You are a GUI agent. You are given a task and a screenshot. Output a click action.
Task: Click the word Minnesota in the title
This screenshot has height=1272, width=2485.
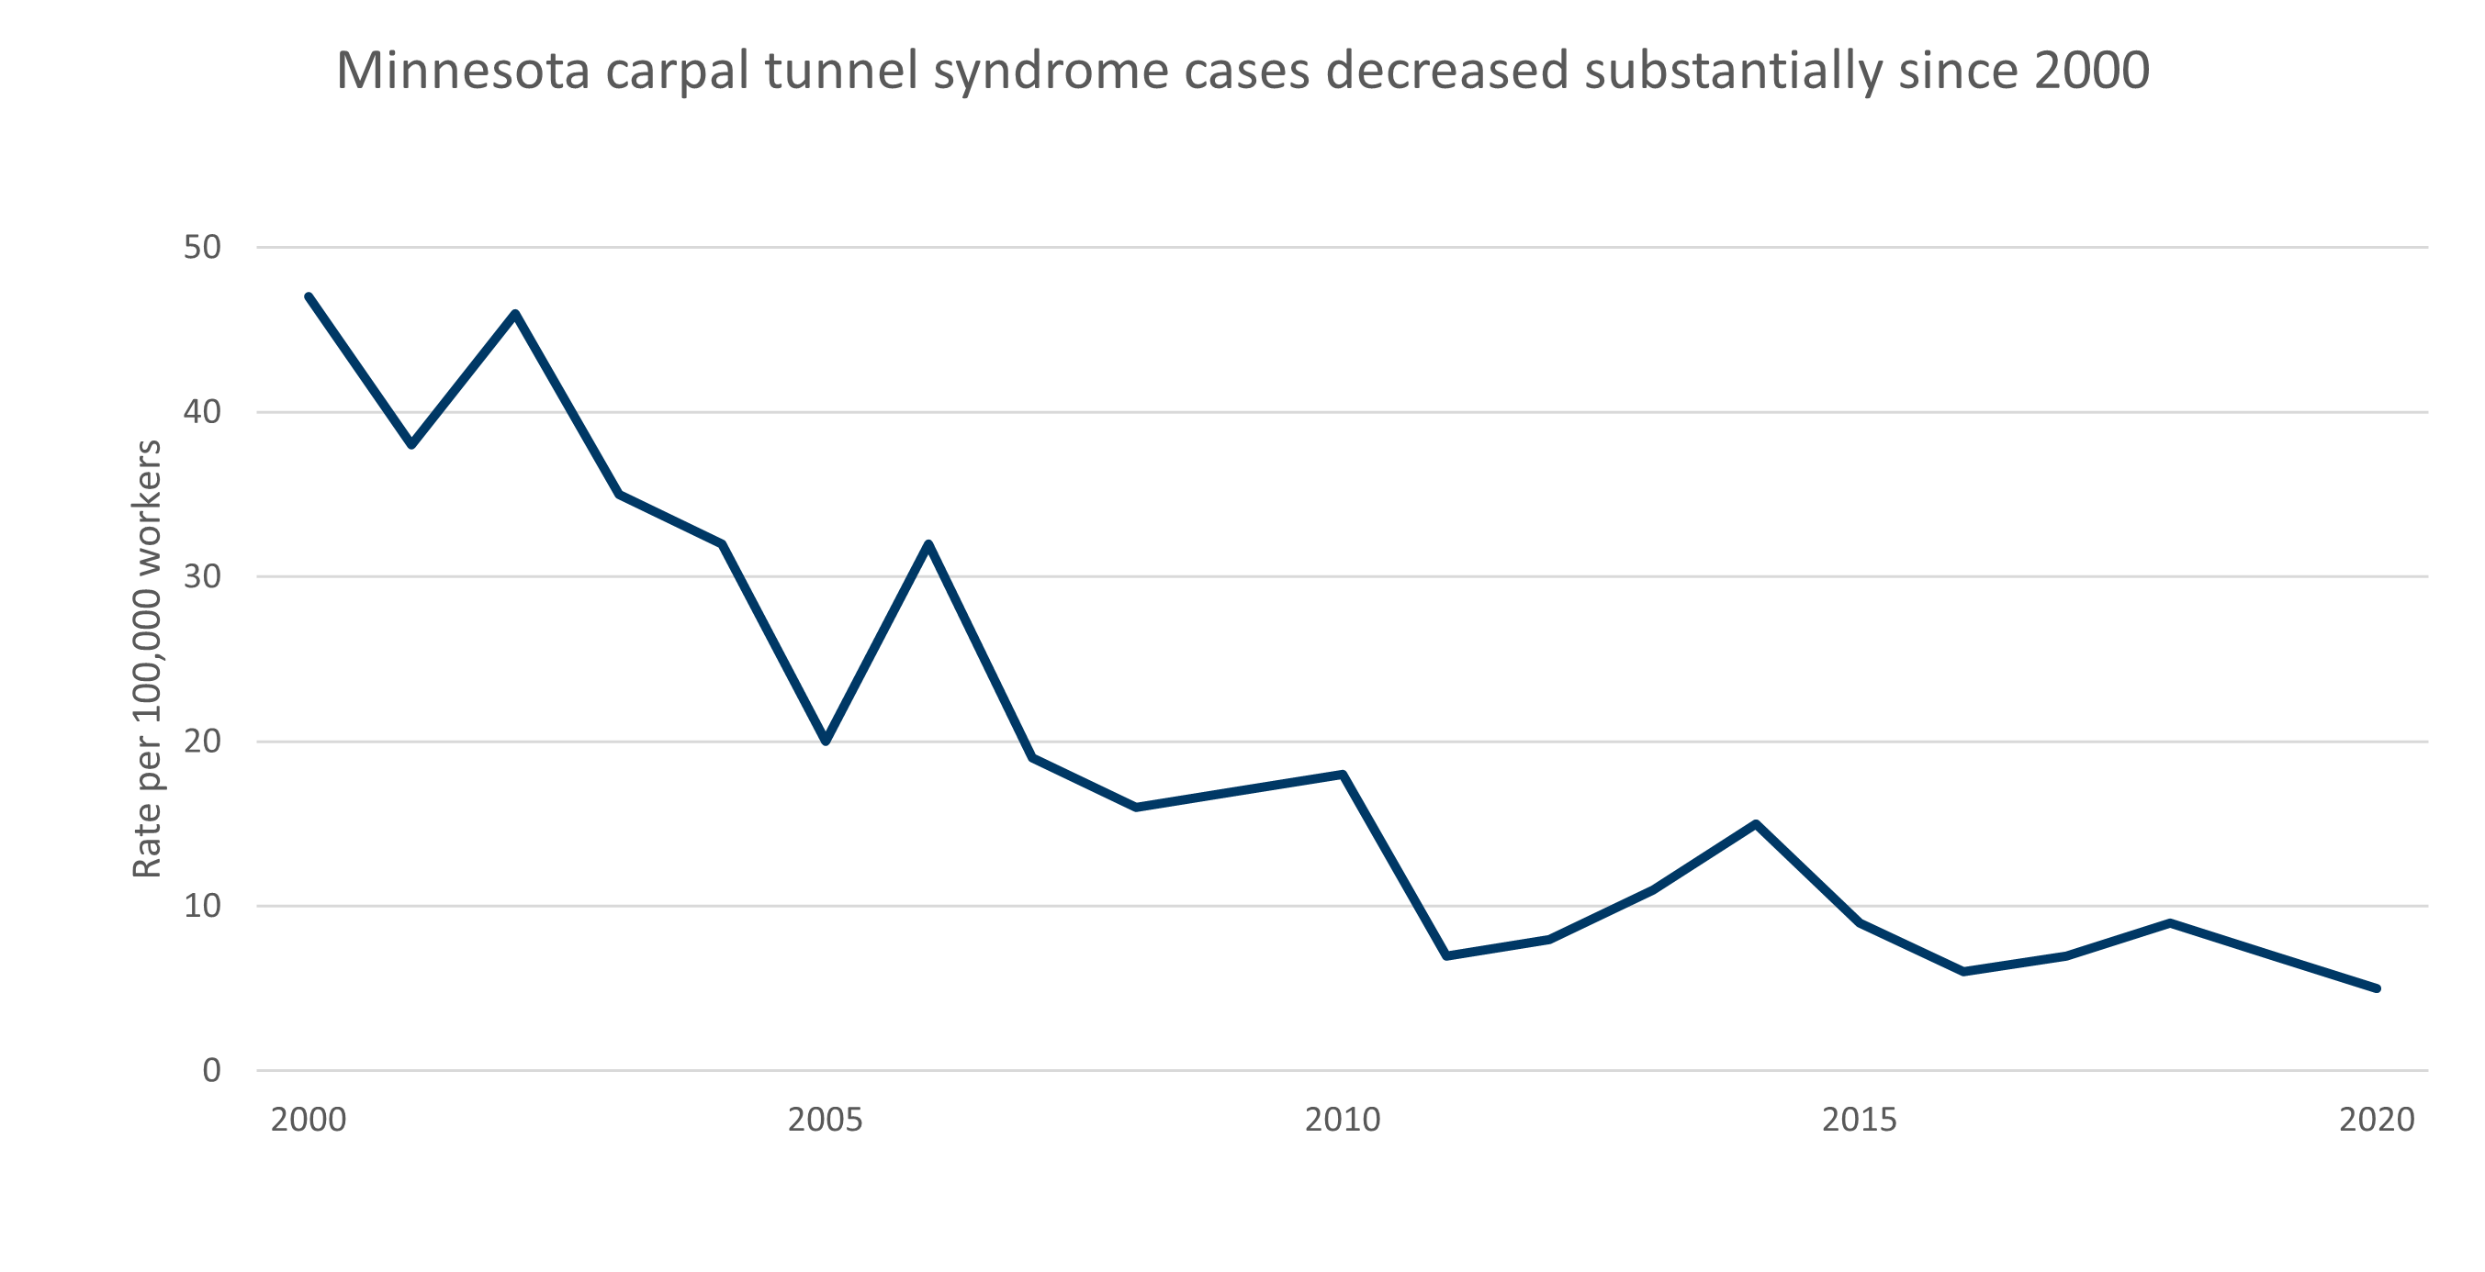462,72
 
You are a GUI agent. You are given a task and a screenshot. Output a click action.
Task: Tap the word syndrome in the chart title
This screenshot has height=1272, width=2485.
1051,72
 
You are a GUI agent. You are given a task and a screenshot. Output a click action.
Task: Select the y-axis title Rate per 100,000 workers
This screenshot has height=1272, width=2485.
147,659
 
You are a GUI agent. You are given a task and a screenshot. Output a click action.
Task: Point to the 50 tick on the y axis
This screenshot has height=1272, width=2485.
202,248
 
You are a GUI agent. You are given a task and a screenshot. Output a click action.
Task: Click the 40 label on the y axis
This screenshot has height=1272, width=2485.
202,413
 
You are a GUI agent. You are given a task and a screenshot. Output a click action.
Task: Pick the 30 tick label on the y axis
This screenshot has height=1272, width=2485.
202,576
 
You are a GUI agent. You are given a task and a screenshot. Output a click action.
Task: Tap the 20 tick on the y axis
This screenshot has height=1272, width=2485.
202,742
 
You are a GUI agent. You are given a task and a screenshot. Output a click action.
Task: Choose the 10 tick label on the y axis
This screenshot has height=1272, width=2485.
202,907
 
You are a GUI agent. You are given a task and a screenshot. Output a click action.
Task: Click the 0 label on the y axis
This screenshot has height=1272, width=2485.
211,1070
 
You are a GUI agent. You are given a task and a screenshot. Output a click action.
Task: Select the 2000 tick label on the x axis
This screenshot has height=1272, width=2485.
308,1120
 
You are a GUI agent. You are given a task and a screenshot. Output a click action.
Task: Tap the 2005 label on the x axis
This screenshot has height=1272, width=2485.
825,1120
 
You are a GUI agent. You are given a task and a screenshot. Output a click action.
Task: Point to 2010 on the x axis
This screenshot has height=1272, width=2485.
1342,1120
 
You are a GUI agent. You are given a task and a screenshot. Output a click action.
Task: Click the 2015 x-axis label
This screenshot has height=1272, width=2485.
1859,1120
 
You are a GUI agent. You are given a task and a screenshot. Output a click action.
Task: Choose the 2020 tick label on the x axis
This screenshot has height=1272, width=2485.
2376,1120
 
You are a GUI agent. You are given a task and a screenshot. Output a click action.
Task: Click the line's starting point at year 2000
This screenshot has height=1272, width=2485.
309,297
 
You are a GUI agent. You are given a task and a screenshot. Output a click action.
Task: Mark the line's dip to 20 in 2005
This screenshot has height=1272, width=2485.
826,741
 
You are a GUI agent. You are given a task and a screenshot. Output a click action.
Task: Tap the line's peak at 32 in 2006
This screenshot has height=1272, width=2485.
928,545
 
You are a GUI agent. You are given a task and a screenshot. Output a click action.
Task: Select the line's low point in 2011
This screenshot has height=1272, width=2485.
1446,954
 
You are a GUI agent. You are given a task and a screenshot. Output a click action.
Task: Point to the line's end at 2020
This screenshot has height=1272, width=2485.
2376,988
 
